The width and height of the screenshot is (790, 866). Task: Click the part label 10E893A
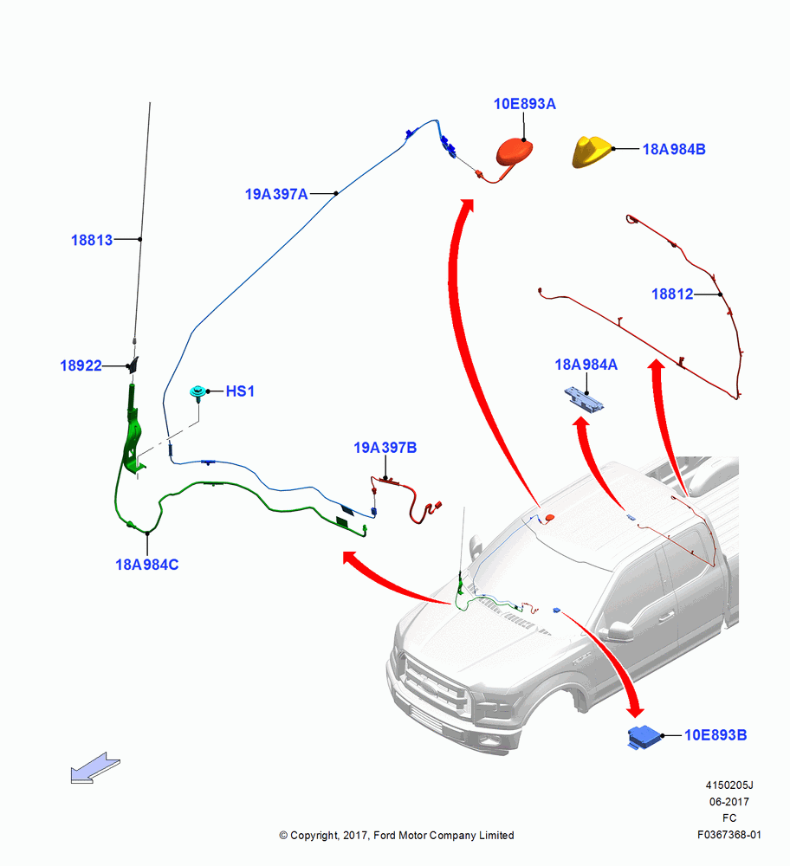tap(524, 104)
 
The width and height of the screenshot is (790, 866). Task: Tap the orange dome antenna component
tap(515, 152)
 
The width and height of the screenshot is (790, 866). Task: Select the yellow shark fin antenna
tap(592, 151)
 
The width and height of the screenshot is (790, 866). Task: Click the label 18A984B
tap(674, 149)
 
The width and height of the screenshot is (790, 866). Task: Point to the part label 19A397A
tap(276, 194)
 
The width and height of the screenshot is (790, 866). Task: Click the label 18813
tap(92, 240)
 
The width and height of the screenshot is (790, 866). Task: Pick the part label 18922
tap(81, 365)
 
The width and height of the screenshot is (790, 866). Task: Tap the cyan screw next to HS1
tap(197, 392)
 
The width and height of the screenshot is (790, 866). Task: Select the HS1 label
tap(240, 391)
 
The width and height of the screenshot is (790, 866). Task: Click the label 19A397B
tap(385, 448)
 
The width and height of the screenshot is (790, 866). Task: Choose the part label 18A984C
tap(147, 565)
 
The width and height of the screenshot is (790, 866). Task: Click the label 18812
tap(672, 294)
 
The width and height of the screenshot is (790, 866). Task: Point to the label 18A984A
tap(586, 365)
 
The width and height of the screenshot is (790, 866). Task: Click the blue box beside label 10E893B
tap(644, 737)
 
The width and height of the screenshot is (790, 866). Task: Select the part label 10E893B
tap(716, 735)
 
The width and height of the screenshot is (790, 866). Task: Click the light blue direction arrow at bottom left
tap(95, 767)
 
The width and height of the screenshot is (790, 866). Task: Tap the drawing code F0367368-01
tap(729, 835)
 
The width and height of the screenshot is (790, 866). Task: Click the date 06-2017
tap(729, 801)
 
